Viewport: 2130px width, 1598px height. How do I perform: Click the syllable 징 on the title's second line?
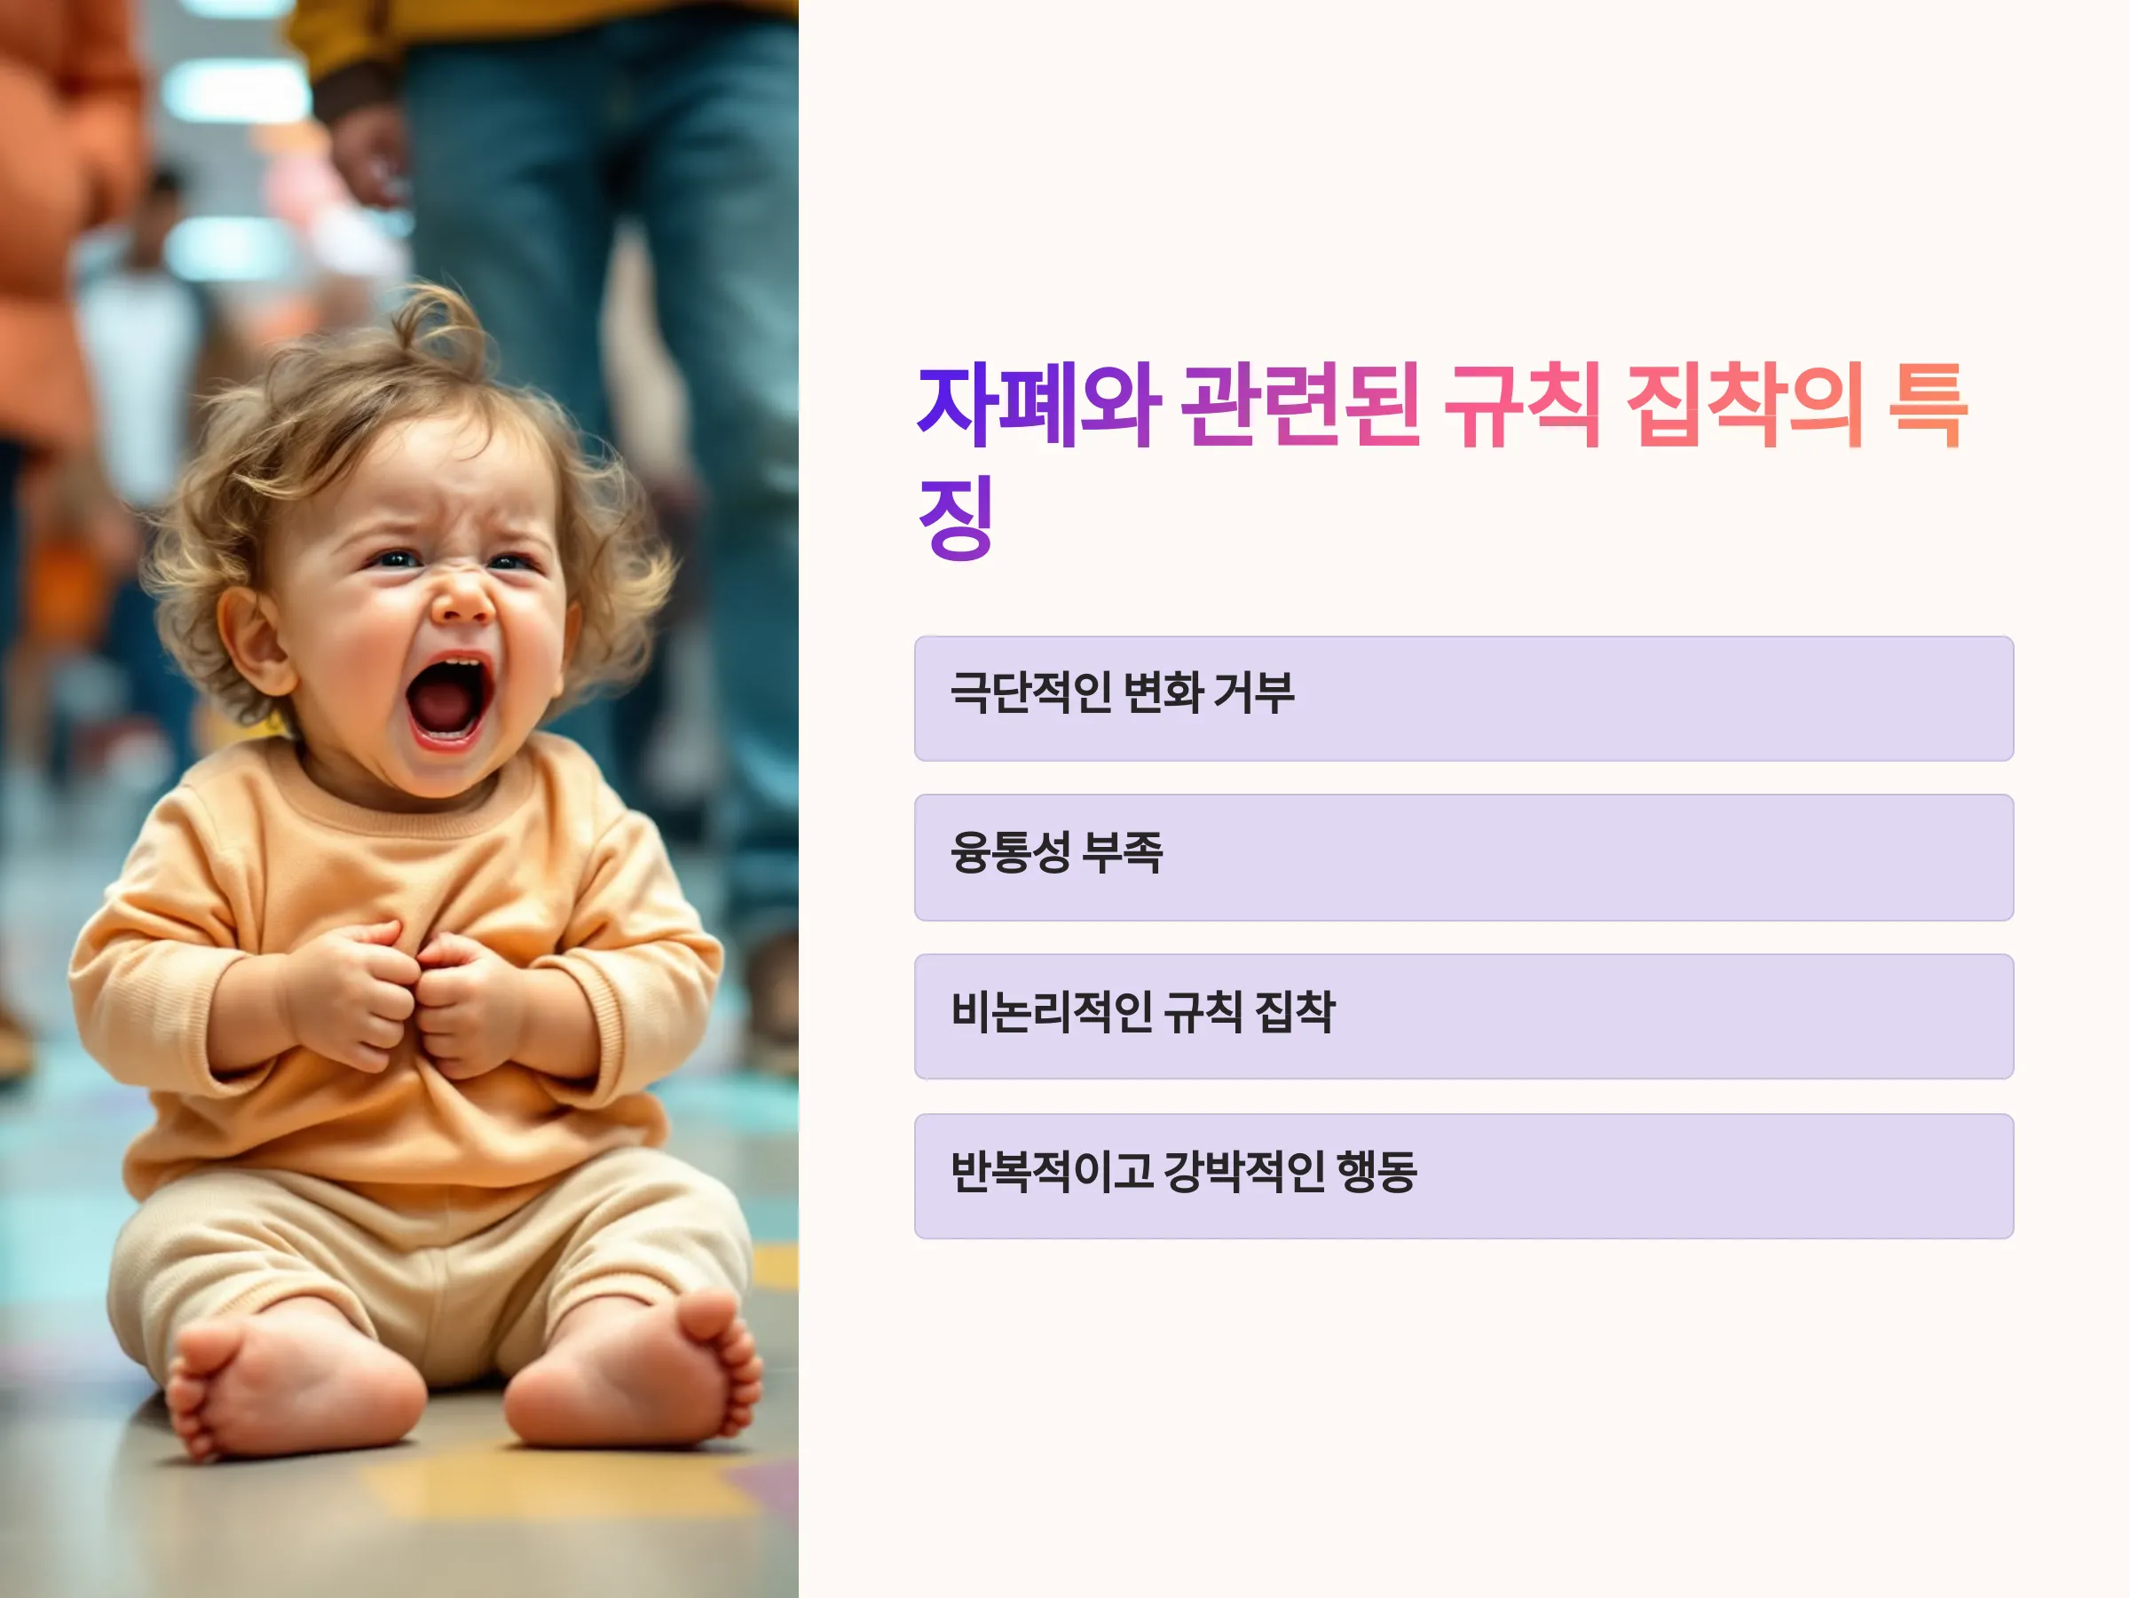click(956, 518)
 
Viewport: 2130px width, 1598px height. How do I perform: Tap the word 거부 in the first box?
click(1254, 692)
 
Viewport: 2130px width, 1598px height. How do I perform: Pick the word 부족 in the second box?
click(1123, 852)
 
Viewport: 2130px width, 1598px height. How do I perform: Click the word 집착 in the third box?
click(1295, 1011)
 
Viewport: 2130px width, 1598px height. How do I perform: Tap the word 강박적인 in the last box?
click(1243, 1171)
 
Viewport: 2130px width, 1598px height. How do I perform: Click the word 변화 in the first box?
click(1159, 692)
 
